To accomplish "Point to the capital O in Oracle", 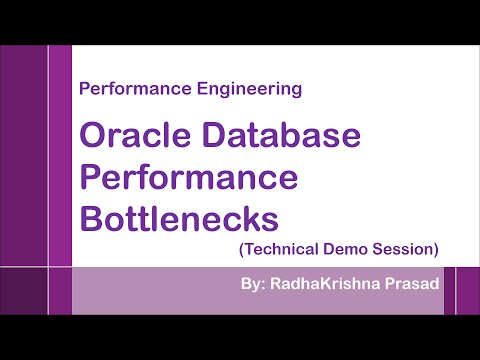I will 93,136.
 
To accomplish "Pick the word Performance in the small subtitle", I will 124,89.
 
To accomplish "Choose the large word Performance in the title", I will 188,176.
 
